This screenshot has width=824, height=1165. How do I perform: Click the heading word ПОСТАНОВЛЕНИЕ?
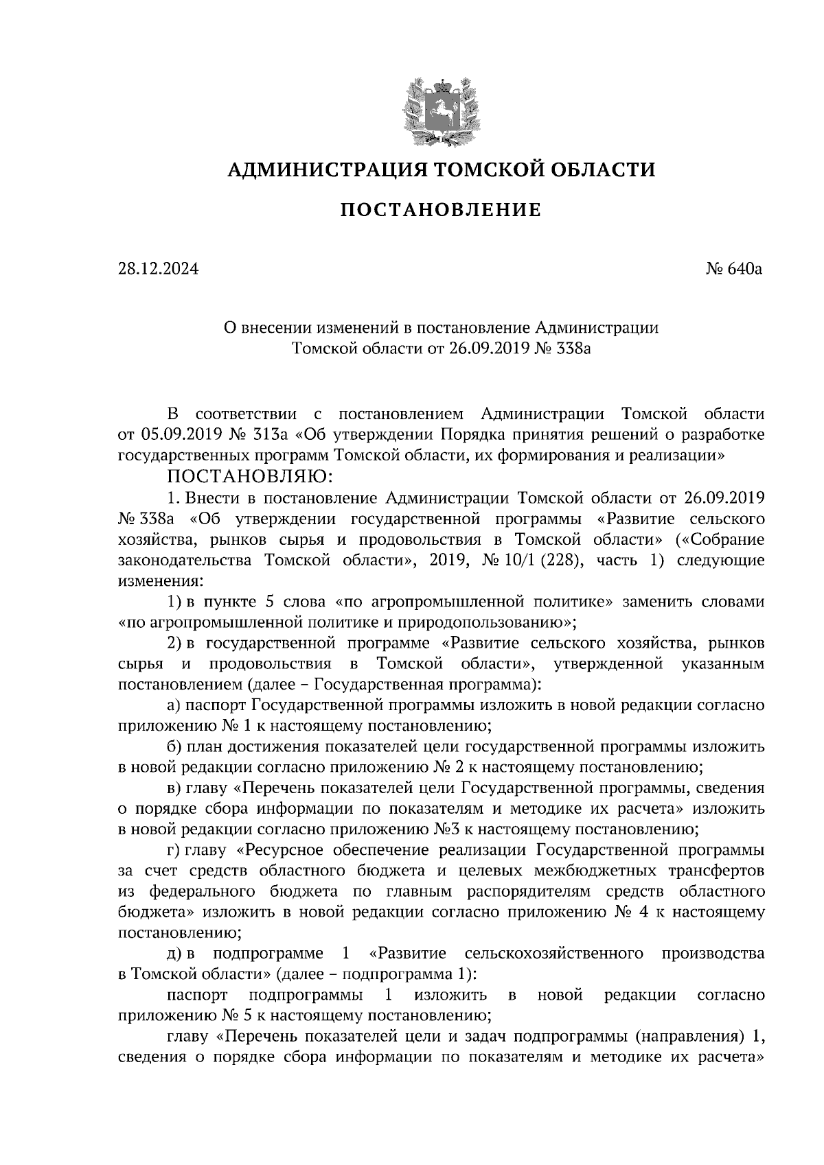pyautogui.click(x=441, y=210)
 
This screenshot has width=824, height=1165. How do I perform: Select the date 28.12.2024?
pyautogui.click(x=158, y=269)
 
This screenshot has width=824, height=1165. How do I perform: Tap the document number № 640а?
pyautogui.click(x=735, y=269)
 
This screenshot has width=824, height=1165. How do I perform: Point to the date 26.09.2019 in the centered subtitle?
pyautogui.click(x=488, y=348)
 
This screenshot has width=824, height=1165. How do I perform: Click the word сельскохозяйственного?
pyautogui.click(x=553, y=953)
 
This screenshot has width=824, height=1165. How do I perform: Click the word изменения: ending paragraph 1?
pyautogui.click(x=160, y=580)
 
